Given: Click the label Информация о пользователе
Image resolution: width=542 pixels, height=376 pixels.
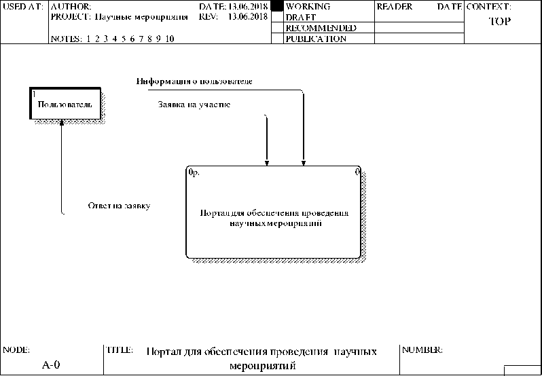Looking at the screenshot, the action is coord(194,81).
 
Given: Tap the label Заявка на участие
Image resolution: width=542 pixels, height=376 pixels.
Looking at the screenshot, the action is coord(194,105).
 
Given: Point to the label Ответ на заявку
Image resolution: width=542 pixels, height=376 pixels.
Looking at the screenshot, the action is coord(119,206).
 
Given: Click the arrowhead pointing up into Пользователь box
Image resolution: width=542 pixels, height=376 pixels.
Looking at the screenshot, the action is coord(62,124).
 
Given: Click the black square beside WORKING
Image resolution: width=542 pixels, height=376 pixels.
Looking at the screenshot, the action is coord(276,6).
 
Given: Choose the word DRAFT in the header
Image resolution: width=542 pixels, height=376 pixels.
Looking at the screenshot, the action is coord(301,17).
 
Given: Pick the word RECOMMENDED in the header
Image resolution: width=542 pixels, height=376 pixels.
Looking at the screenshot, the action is coord(321,28).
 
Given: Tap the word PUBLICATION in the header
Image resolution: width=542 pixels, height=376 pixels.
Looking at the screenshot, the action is coord(317,39).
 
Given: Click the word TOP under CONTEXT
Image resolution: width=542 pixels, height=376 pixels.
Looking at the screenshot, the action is coord(500,21).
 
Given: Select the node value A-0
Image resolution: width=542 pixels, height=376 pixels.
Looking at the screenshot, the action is coord(51,365).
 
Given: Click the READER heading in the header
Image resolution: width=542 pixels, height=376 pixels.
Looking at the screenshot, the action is coord(395,6).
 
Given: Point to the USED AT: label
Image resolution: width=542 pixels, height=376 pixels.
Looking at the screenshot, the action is coord(24,6).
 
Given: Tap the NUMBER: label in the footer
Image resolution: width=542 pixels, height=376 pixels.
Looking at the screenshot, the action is coord(422,350).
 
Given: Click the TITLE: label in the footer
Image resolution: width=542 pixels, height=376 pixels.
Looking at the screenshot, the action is coord(119,350).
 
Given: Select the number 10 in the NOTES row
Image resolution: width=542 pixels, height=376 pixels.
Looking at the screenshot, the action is coord(170,39).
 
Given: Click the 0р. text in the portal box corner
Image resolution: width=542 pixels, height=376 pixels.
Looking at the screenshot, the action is coord(194,172).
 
